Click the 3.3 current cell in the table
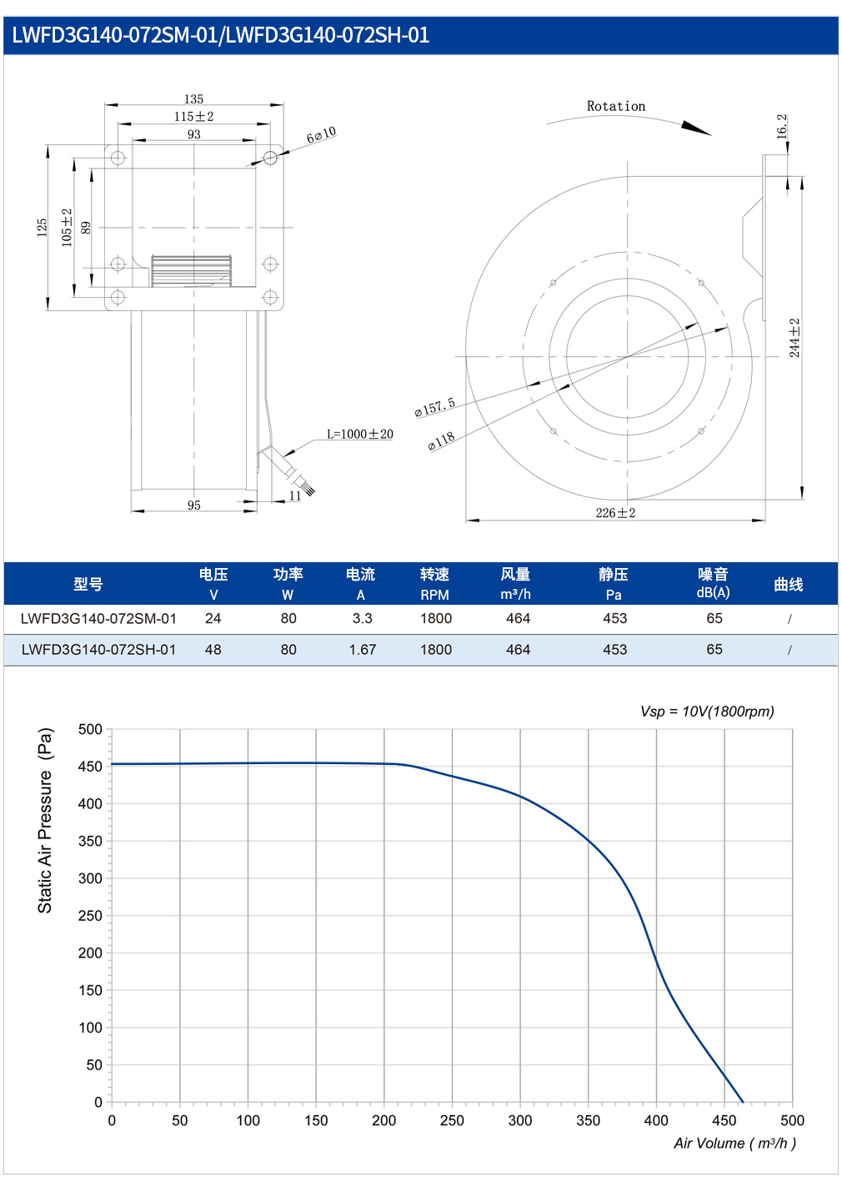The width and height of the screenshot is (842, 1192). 362,618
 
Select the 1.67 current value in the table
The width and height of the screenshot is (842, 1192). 362,649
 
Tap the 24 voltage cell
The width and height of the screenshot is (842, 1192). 213,618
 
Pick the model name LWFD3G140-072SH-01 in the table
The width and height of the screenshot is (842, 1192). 98,649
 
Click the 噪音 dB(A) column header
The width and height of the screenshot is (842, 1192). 714,583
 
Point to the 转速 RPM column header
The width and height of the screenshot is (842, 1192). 434,584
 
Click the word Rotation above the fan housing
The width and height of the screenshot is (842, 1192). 616,107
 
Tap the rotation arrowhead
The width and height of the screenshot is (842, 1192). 696,128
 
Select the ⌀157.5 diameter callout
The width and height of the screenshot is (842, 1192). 435,406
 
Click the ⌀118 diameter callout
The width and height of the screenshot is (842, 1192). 442,441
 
